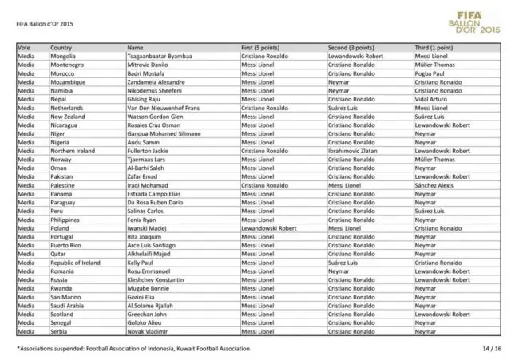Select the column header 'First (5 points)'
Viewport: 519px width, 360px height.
266,49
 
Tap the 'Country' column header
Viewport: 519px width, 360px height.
61,49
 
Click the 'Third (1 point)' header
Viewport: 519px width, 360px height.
434,49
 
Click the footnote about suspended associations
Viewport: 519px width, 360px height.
133,348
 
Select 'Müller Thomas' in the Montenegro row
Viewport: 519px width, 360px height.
434,65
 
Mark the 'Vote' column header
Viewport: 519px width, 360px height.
24,49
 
